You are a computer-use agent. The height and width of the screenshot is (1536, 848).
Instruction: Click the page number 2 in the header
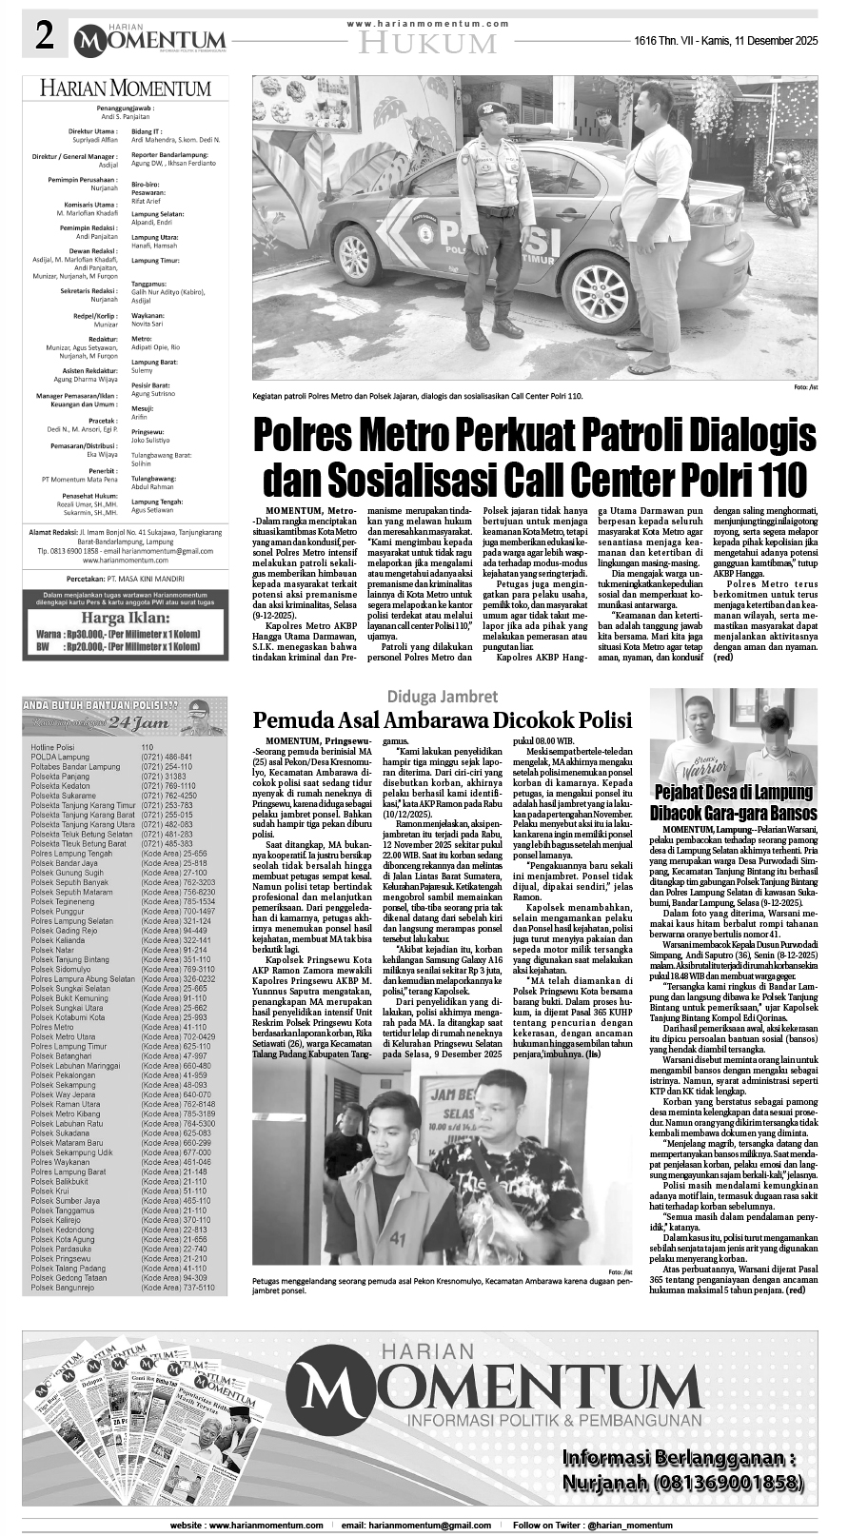click(x=43, y=37)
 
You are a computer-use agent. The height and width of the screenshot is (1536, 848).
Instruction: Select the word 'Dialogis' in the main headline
click(x=745, y=437)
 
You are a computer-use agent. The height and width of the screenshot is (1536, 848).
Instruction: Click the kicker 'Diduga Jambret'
click(x=441, y=695)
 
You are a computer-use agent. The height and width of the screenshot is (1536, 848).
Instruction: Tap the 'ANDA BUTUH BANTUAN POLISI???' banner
click(x=100, y=704)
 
